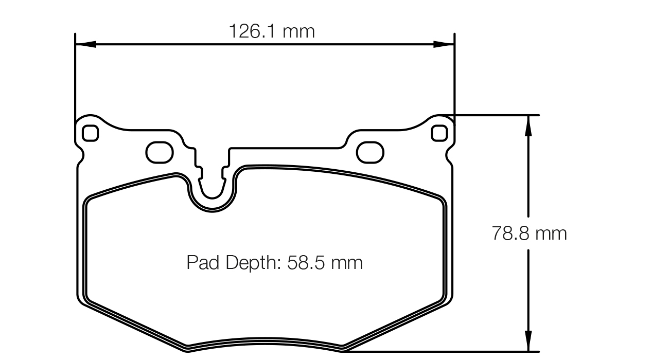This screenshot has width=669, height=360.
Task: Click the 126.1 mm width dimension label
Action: tap(271, 32)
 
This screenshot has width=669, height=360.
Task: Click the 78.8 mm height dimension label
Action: tap(529, 233)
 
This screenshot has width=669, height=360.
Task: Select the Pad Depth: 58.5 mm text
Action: tap(274, 263)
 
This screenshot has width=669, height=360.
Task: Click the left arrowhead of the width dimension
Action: tap(85, 45)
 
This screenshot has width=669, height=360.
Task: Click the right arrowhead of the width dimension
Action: tap(444, 45)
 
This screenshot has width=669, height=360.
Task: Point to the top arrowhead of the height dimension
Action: tap(528, 125)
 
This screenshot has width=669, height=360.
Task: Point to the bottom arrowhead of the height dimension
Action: tap(528, 342)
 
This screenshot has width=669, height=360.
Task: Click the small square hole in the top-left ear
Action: tap(90, 133)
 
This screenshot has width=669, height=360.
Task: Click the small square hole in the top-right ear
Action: tap(439, 133)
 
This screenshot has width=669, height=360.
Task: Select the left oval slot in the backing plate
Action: tap(160, 152)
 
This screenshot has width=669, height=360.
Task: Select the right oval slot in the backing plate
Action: tap(370, 152)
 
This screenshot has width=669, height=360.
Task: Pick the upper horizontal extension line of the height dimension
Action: tap(494, 115)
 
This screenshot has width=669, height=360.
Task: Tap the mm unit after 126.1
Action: tap(298, 32)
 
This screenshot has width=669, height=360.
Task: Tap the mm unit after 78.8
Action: tap(551, 233)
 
